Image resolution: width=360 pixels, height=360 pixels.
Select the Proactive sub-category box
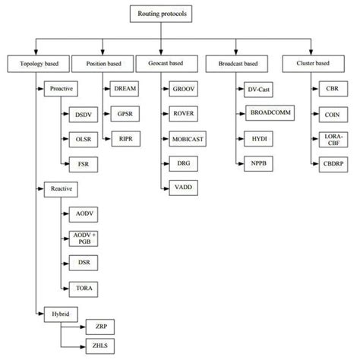click(x=62, y=90)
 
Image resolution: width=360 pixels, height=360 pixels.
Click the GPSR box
click(x=125, y=114)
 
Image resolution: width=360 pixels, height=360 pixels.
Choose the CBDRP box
click(x=331, y=164)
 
